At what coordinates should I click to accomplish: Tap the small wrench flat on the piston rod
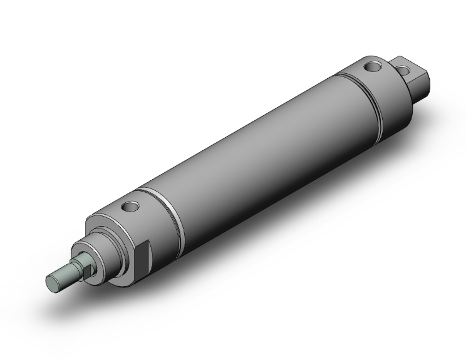[86, 265]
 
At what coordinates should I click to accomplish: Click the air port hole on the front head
[130, 206]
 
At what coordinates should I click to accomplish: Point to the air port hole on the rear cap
[373, 65]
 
